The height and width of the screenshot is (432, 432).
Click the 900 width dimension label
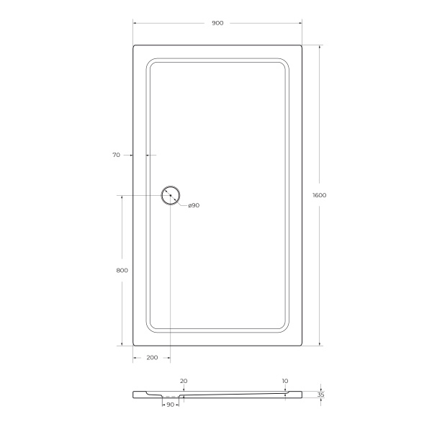point(217,23)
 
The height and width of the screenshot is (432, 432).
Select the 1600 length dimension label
point(320,195)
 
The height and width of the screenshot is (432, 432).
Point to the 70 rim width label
point(117,155)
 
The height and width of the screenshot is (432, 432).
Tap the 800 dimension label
point(121,271)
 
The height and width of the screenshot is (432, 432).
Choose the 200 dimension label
point(152,358)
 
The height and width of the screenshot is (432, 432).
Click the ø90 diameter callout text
point(193,206)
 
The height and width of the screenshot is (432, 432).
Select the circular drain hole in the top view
point(171,195)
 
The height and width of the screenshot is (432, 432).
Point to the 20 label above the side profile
point(184,381)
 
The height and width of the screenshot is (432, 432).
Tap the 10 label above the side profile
point(285,381)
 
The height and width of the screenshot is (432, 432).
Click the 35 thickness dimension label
point(320,395)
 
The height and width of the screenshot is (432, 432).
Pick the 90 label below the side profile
point(170,405)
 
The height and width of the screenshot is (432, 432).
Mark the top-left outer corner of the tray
point(135,46)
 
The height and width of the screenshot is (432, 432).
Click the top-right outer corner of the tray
point(300,46)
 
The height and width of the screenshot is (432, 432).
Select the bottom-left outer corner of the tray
point(135,344)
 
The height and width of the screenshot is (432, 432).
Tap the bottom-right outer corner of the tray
point(300,344)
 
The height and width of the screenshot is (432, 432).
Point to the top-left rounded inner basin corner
point(150,63)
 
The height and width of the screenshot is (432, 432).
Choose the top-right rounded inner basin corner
point(284,63)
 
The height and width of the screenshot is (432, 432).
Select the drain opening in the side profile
point(170,396)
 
